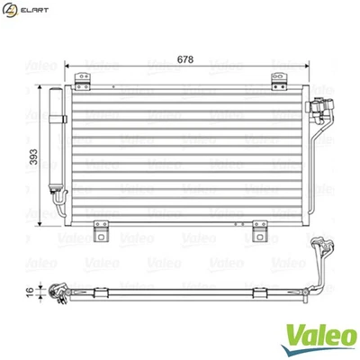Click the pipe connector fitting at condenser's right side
[317, 112]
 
